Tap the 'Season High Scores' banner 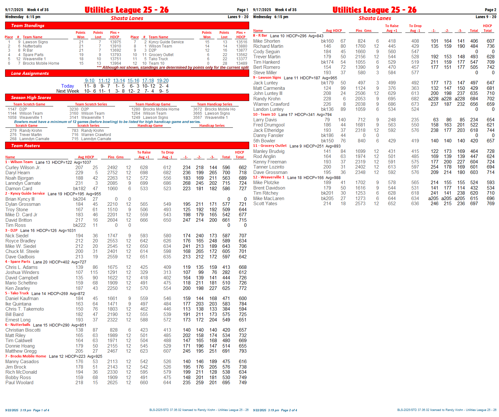coord(31,98)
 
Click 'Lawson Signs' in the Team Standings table coord(35,42)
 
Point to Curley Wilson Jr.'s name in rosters coord(23,168)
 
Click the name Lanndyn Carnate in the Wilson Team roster coord(23,183)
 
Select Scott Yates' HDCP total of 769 coord(490,204)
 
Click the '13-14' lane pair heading coord(119,81)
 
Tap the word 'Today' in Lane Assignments coord(68,86)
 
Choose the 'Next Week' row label coord(68,91)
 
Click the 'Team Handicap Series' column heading coord(214,104)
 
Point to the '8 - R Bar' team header coord(260,36)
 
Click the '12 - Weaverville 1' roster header coord(269,177)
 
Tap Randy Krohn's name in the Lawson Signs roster coord(267,99)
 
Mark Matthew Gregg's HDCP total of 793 coord(242,351)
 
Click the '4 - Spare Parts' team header coord(18,262)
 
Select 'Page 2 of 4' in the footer coord(289,410)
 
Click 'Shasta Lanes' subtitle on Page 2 coord(375,18)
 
